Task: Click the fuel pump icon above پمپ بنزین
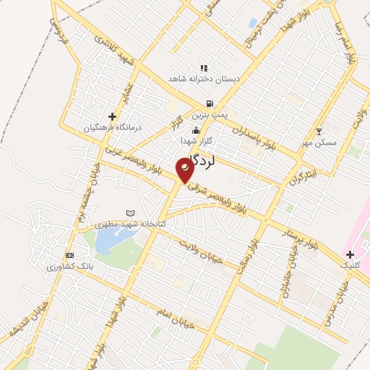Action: [210, 103]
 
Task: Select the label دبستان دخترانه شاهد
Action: [207, 77]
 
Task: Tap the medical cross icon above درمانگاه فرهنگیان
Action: [111, 116]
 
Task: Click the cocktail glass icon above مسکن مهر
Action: [320, 132]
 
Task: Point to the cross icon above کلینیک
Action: [350, 254]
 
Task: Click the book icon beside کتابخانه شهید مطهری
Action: [130, 213]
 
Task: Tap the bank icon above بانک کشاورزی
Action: [69, 255]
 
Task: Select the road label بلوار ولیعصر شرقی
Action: [224, 198]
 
